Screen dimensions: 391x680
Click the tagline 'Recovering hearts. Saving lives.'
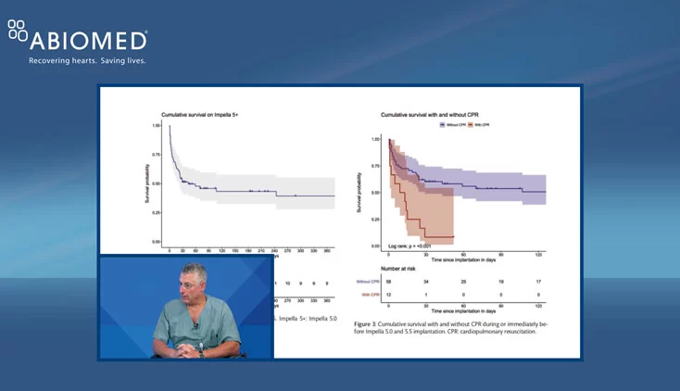click(x=87, y=61)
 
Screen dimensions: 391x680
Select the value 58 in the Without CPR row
click(x=388, y=281)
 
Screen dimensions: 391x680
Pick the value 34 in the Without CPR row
click(x=426, y=281)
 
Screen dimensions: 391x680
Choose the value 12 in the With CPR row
click(x=388, y=295)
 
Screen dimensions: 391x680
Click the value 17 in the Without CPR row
click(x=539, y=281)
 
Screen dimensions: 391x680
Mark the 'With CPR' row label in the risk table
click(x=368, y=295)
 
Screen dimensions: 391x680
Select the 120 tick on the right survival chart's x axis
click(x=539, y=253)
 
